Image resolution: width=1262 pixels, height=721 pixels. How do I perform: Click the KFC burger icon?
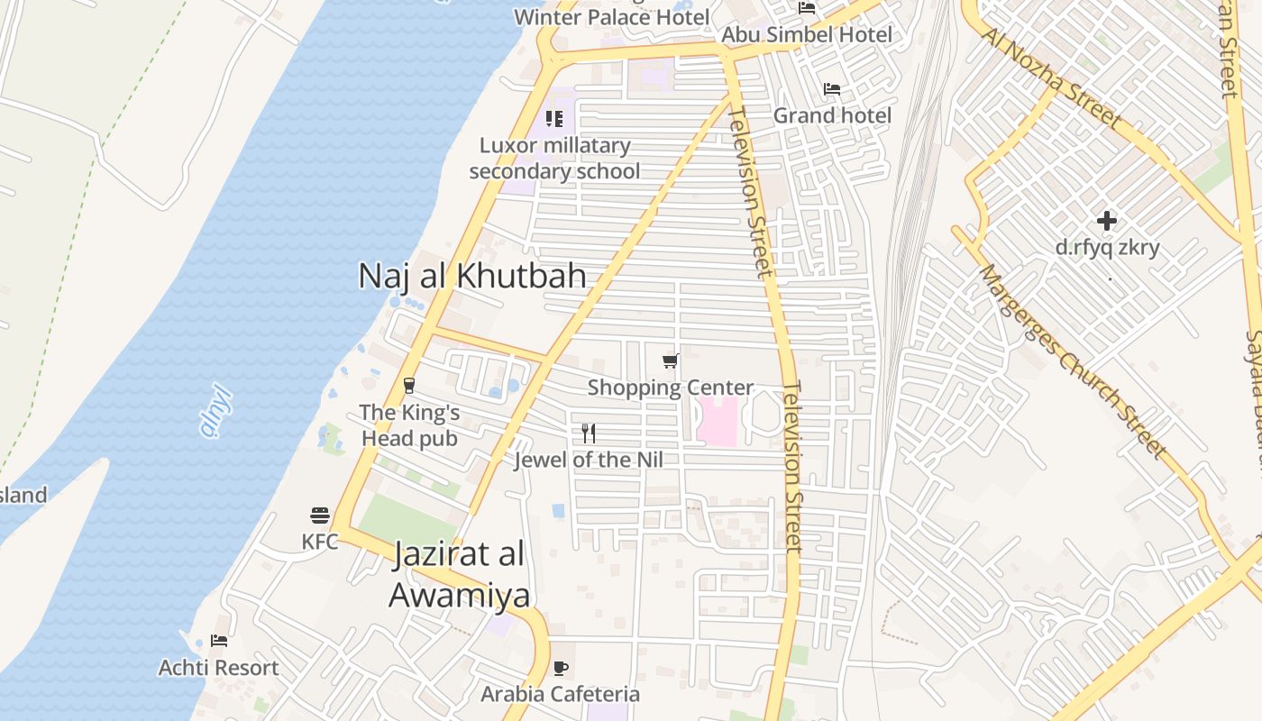coord(320,516)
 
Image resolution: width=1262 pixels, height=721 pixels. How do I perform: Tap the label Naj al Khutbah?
coord(472,276)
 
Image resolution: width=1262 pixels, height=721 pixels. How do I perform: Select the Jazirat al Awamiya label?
coord(459,574)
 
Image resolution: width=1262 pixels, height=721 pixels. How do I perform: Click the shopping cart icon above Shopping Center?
coord(670,361)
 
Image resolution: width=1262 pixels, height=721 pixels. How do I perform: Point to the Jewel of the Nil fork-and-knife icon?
coord(589,434)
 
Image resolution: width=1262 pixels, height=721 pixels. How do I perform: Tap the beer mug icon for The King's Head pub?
coord(409,386)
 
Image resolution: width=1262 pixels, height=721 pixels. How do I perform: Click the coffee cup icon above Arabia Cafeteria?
coord(561,669)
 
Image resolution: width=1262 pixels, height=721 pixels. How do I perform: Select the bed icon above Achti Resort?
coord(219,641)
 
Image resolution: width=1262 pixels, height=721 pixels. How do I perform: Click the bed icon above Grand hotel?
coord(832,89)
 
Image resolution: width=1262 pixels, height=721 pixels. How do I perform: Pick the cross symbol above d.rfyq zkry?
coord(1107,221)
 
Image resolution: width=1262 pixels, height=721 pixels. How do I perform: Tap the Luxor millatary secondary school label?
coord(554,158)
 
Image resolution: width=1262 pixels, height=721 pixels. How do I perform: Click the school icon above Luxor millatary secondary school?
coord(554,118)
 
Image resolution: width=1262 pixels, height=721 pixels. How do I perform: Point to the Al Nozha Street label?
coord(1052,78)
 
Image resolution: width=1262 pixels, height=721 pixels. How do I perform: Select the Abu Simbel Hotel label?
coord(807,34)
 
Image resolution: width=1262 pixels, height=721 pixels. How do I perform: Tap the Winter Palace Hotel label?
coord(611,16)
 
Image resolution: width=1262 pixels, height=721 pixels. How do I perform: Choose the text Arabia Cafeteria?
coord(560,694)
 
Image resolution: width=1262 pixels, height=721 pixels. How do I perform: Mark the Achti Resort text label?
coord(219,668)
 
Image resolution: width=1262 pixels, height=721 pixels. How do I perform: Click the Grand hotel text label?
coord(832,115)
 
